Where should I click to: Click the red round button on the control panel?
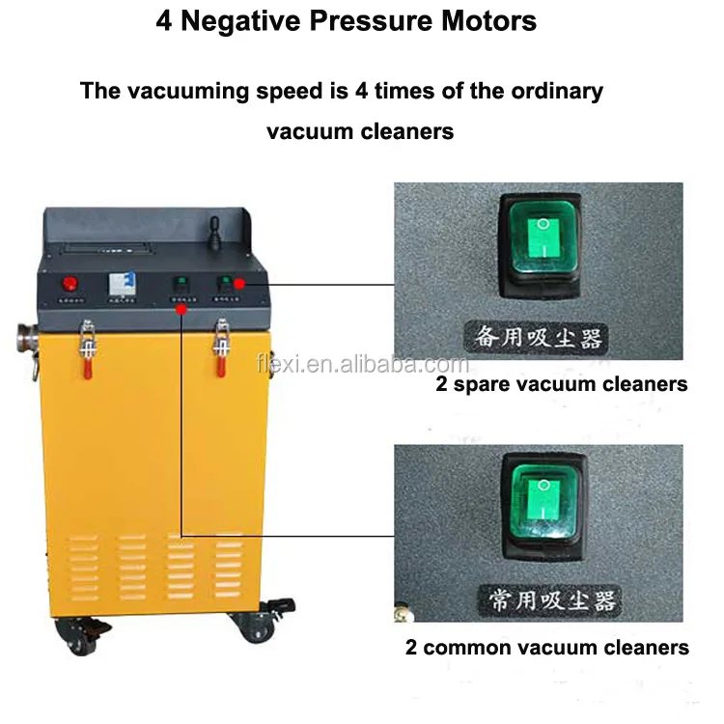point(69,284)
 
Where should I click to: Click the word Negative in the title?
point(233,21)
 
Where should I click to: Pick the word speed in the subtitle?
point(265,92)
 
